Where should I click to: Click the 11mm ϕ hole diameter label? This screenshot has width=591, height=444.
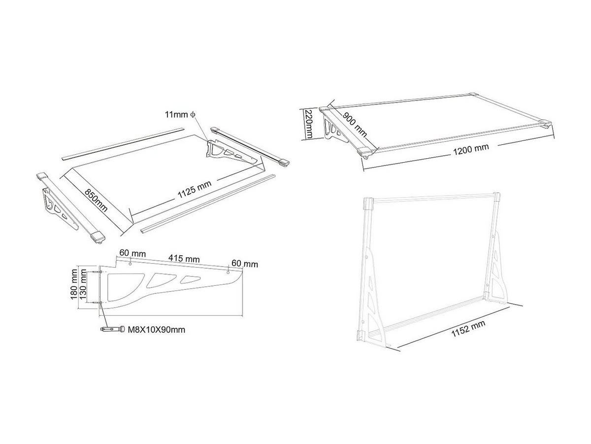pos(180,114)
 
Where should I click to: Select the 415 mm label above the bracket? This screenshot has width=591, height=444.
pos(184,258)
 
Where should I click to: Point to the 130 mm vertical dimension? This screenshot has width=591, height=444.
pos(84,284)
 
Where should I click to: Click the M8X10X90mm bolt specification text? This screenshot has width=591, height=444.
pos(156,330)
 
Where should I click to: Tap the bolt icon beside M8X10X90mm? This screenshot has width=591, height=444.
pos(112,329)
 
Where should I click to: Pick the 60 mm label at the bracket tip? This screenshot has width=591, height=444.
pos(245,264)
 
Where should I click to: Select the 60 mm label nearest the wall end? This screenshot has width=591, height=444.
pos(131,253)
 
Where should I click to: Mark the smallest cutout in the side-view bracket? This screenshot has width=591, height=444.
pos(189,280)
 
